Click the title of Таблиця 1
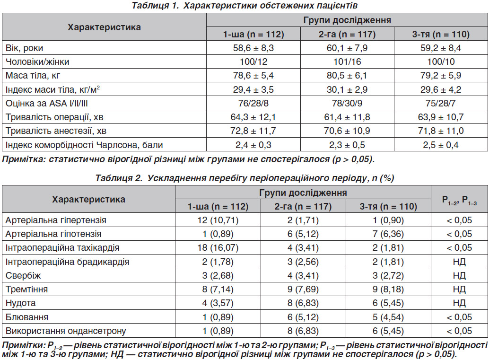point(244,5)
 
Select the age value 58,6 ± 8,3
point(253,48)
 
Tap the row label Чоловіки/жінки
point(37,62)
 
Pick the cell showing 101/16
point(347,62)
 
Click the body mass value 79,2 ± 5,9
point(441,76)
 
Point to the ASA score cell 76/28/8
point(253,103)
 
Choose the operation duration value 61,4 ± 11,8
point(347,117)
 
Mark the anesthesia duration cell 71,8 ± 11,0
point(441,131)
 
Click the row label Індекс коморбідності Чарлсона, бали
point(84,145)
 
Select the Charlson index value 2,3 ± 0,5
point(347,145)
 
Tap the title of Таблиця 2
point(244,178)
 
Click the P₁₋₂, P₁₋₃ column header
point(459,200)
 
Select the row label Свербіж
point(23,276)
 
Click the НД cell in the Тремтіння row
point(459,290)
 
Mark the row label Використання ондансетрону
point(66,331)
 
